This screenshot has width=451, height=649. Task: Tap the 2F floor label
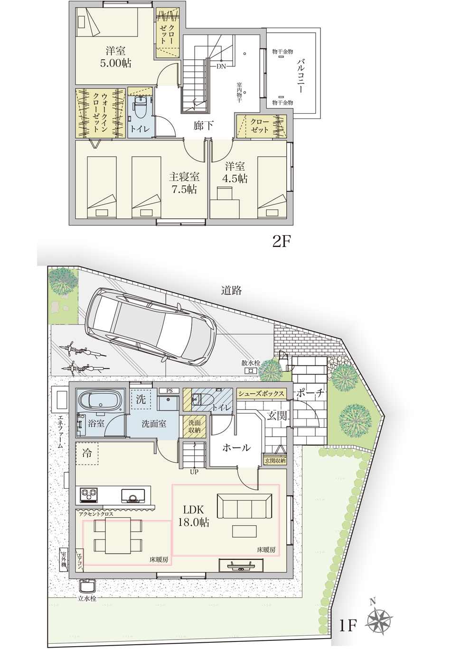click(x=281, y=241)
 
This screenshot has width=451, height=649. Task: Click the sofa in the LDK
click(x=244, y=506)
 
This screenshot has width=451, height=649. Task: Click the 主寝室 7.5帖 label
click(x=184, y=183)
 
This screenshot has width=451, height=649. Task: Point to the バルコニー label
click(x=301, y=76)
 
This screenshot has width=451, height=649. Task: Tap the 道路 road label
click(x=231, y=290)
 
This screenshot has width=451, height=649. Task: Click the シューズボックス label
click(x=261, y=393)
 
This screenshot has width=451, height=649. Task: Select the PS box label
click(x=169, y=391)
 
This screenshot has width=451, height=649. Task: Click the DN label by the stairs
click(x=221, y=66)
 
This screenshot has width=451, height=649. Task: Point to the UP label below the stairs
click(x=194, y=472)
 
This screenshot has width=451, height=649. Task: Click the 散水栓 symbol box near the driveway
click(x=251, y=371)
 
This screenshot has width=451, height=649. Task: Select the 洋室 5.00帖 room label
click(x=115, y=57)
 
